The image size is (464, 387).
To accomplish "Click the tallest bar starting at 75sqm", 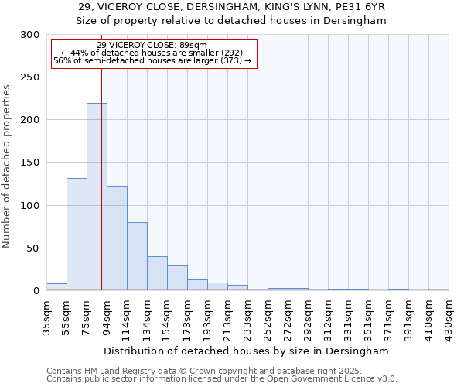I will (97, 197).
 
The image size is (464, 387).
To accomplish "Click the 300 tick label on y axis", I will (30, 35).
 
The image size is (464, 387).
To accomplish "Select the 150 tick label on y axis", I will (30, 163).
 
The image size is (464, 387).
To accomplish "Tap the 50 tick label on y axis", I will (33, 248).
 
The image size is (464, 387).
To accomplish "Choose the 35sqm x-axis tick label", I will (46, 316).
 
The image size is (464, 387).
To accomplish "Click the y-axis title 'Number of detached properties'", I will (7, 166).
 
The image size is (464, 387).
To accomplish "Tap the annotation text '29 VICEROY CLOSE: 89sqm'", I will (152, 45).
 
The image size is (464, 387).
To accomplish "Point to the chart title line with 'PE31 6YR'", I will (231, 7).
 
